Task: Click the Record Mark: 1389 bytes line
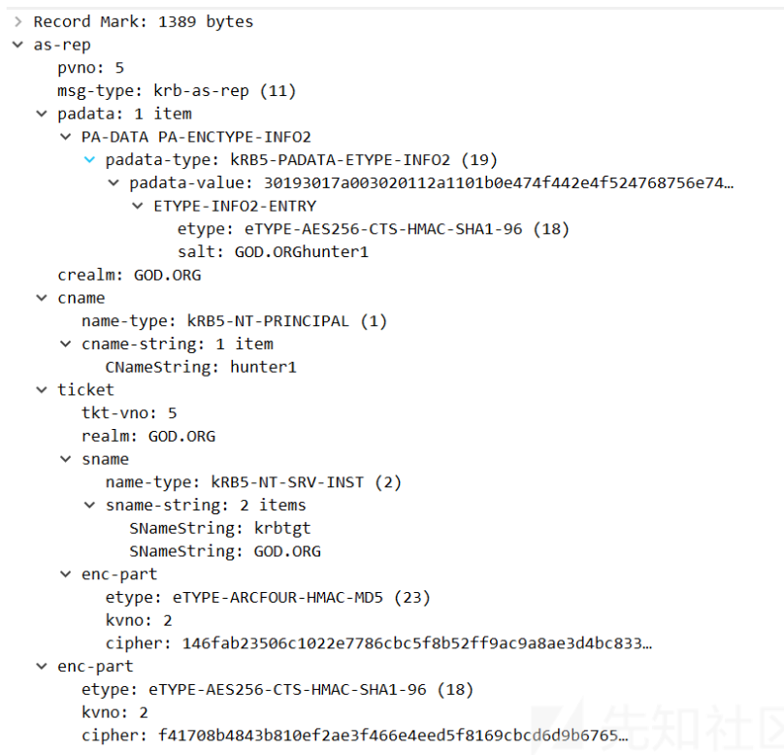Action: (143, 21)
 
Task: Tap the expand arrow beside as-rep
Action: (17, 45)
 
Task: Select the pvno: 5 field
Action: (90, 68)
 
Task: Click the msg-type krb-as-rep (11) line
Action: (176, 91)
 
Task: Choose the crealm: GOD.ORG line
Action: (129, 276)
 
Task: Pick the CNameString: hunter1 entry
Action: (201, 368)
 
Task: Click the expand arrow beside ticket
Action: (41, 390)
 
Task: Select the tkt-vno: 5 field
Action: (129, 413)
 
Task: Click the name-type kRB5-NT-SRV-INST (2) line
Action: (253, 482)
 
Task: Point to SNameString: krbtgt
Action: (220, 529)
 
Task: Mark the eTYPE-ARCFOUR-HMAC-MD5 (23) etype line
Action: (268, 597)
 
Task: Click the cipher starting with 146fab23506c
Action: (416, 643)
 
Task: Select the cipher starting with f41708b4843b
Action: (393, 736)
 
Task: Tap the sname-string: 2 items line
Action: (206, 506)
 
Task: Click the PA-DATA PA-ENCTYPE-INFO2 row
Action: (196, 137)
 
